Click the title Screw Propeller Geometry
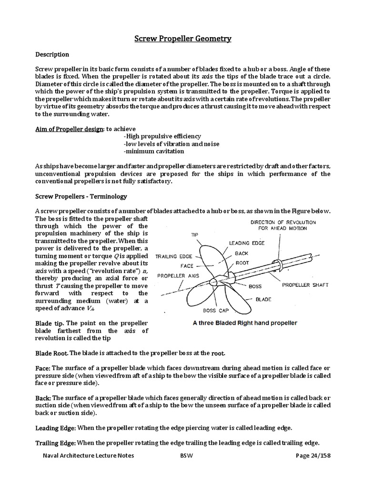[x=183, y=38]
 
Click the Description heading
[x=52, y=54]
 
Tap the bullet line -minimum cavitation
[x=153, y=151]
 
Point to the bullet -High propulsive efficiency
[x=162, y=136]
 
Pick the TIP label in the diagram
[x=194, y=235]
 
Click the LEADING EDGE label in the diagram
[x=246, y=243]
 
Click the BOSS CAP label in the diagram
[x=216, y=311]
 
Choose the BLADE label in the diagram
[x=264, y=300]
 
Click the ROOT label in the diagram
[x=242, y=262]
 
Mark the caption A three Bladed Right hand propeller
[x=245, y=323]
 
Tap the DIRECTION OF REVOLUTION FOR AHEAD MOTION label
[x=283, y=225]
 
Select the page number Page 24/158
[x=313, y=455]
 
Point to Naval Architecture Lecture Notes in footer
[x=88, y=455]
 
